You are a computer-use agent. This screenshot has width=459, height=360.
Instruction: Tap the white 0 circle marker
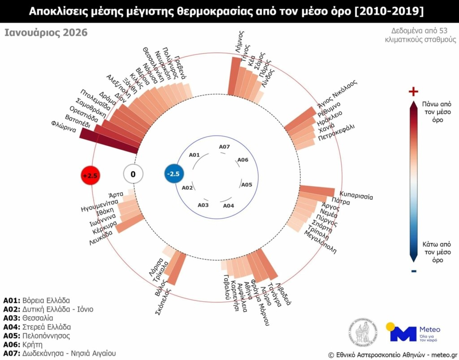pyautogui.click(x=133, y=174)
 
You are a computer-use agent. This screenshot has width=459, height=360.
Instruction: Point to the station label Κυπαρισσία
pyautogui.click(x=356, y=196)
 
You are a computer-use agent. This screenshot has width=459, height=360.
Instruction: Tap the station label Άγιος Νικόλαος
pyautogui.click(x=337, y=94)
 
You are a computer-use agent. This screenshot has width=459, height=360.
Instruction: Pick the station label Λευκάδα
pyautogui.click(x=101, y=238)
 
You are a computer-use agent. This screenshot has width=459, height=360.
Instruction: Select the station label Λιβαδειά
pyautogui.click(x=284, y=293)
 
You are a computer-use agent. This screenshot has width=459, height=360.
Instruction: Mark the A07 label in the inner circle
pyautogui.click(x=224, y=147)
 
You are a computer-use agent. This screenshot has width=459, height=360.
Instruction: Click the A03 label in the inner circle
pyautogui.click(x=203, y=205)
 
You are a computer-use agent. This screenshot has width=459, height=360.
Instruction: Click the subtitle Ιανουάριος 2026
pyautogui.click(x=46, y=33)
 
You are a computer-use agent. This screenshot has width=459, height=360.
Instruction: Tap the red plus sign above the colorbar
pyautogui.click(x=413, y=92)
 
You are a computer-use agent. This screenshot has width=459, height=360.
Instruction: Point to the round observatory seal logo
pyautogui.click(x=362, y=332)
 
